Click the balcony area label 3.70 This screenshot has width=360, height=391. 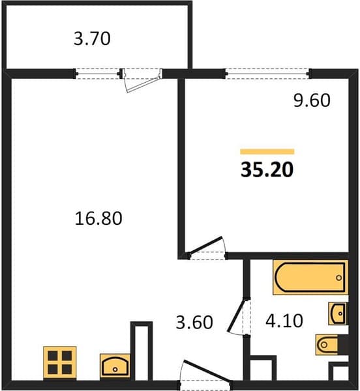pos(92,38)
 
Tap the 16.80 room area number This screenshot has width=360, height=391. pos(98,218)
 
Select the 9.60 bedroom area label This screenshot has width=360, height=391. pos(312,100)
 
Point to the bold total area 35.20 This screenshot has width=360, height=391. pos(267,170)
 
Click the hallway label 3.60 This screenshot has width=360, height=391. pos(194,322)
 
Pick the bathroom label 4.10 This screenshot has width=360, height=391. pos(284,321)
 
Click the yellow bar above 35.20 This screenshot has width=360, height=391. pos(267,152)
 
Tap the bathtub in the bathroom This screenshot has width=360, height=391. pos(310,278)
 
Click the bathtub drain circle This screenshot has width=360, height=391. pos(338,278)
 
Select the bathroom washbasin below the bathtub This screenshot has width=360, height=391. pos(338,313)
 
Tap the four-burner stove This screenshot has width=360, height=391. pos(60,362)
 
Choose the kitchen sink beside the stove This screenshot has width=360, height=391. pos(115,366)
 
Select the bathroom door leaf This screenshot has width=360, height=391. pos(236,315)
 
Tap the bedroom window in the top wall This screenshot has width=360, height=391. pos(267,74)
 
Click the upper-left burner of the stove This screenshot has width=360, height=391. pos(53,356)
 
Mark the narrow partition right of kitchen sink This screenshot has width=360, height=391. pos(142,351)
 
